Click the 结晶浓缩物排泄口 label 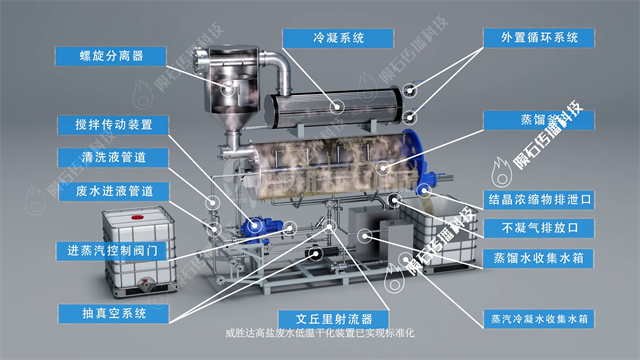point(539,199)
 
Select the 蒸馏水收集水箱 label point(539,257)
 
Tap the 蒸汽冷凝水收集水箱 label point(539,319)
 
